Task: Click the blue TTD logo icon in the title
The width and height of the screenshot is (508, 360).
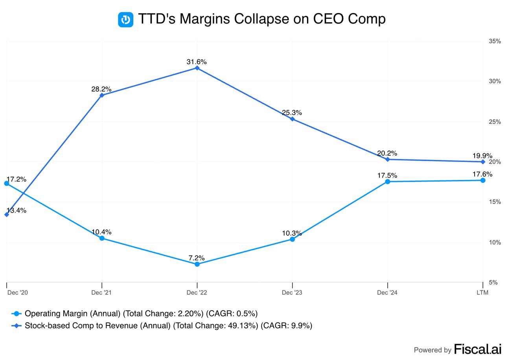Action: click(126, 19)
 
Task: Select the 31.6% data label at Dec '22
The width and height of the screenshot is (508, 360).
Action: click(197, 62)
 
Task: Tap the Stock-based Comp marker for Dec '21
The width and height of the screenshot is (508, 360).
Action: click(102, 95)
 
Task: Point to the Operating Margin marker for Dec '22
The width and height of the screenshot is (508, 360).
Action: click(197, 264)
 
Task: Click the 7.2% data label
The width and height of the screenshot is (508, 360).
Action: click(197, 258)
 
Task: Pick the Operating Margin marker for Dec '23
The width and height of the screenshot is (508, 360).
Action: click(292, 239)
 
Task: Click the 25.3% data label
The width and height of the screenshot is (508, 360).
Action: click(292, 113)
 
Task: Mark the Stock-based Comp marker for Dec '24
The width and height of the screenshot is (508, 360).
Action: click(388, 159)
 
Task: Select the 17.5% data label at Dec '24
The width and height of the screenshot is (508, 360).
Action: click(387, 175)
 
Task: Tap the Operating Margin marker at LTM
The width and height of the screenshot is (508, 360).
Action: click(483, 180)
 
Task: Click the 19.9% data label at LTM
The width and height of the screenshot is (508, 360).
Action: click(482, 156)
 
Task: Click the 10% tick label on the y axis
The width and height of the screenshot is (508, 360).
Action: click(495, 242)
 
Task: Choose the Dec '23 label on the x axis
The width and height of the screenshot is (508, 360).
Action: click(292, 293)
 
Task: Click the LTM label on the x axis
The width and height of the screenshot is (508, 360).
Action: click(482, 293)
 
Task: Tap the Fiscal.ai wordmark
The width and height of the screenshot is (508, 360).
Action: click(477, 349)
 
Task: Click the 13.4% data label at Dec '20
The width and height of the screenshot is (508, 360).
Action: click(17, 210)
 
